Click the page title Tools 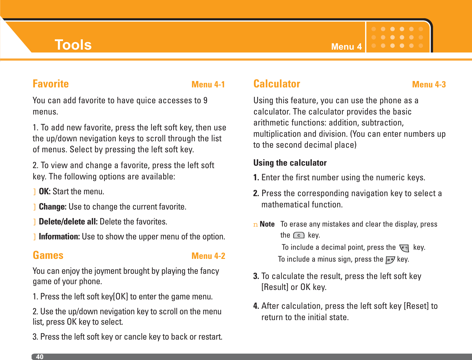[73, 45]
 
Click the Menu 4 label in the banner [346, 47]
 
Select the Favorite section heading [51, 84]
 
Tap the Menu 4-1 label [208, 84]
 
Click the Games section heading [48, 255]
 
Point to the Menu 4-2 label [208, 256]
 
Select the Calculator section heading [277, 84]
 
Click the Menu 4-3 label [429, 84]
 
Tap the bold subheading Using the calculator [290, 163]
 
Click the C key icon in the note [299, 235]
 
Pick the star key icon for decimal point [404, 248]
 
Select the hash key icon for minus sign [390, 260]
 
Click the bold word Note [267, 224]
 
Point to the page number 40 [40, 357]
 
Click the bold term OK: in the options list [44, 192]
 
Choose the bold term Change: [53, 207]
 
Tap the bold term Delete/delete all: [68, 222]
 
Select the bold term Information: [59, 237]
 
